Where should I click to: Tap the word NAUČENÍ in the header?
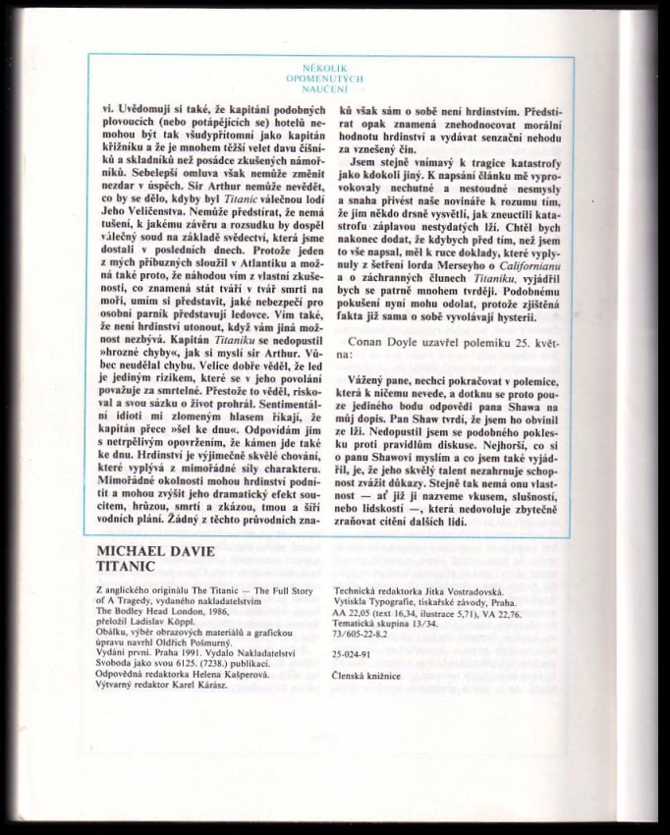pyautogui.click(x=335, y=87)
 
